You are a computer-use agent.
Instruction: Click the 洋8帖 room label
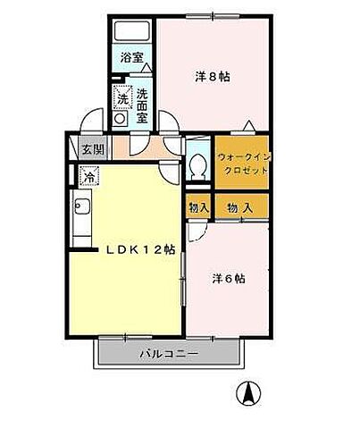(213, 77)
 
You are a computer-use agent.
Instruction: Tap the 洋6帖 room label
(228, 278)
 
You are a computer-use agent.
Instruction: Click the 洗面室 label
(141, 98)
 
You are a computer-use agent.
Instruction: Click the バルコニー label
(169, 354)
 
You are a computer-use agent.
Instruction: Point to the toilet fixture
(198, 163)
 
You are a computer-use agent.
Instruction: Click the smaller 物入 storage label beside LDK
(197, 207)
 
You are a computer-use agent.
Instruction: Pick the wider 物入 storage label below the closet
(239, 207)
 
